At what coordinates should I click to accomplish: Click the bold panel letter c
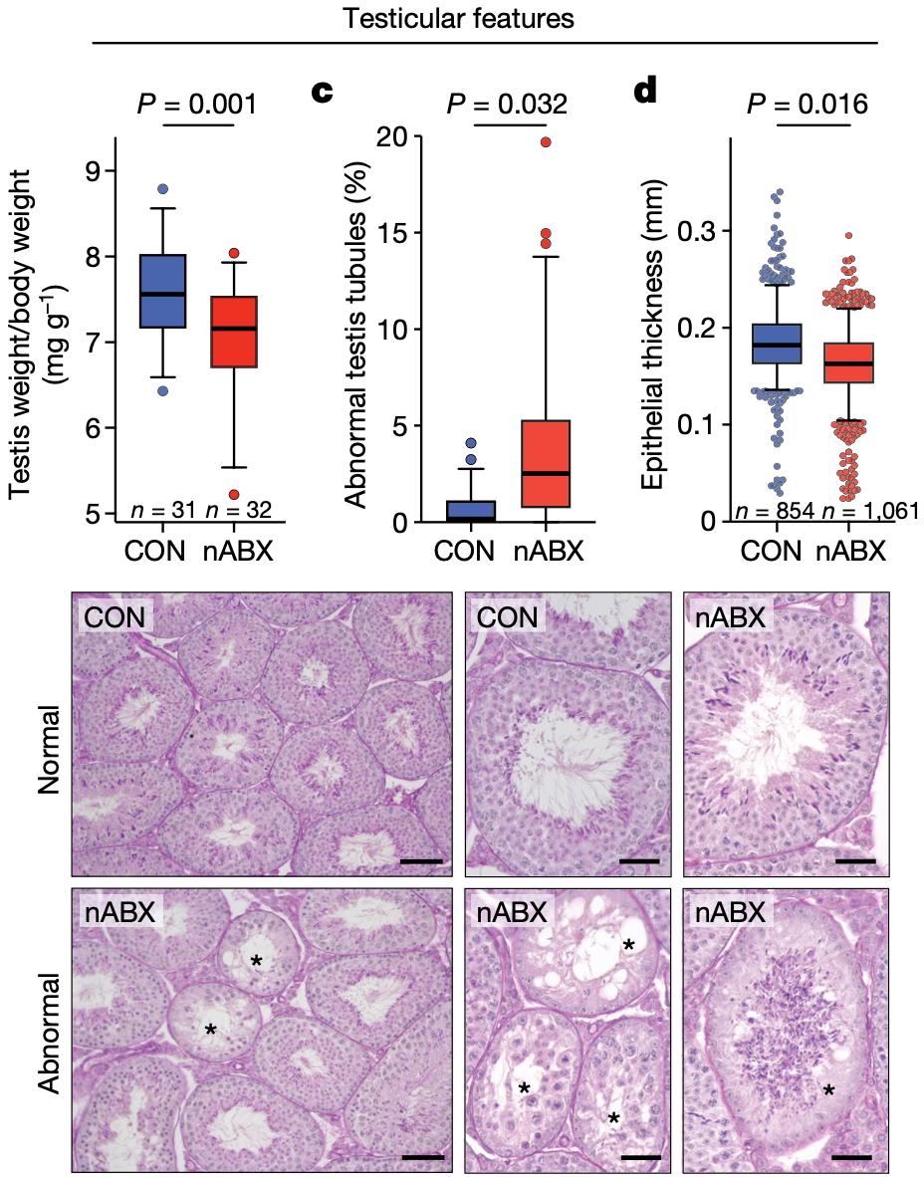pos(323,93)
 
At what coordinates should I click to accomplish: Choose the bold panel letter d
pos(645,93)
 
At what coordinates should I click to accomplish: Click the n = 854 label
pos(776,512)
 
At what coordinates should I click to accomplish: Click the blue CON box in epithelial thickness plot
pos(777,344)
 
